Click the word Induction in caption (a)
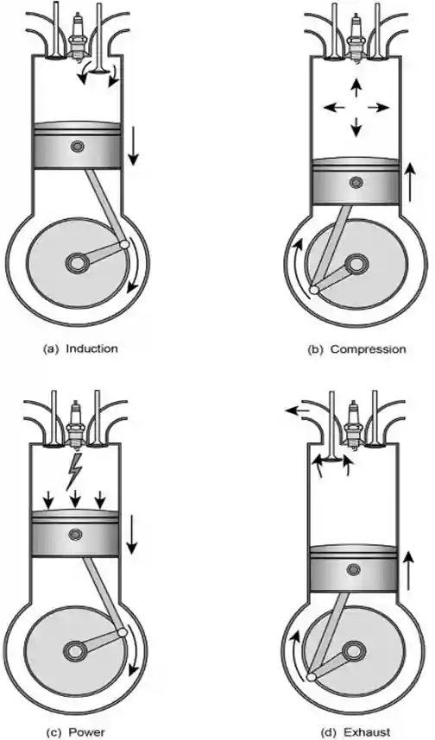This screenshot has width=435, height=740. pyautogui.click(x=91, y=348)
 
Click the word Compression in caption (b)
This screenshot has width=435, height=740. pyautogui.click(x=368, y=349)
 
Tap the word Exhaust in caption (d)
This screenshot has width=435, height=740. pyautogui.click(x=367, y=732)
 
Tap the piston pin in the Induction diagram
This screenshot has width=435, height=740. pyautogui.click(x=77, y=147)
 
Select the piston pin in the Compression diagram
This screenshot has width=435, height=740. pyautogui.click(x=356, y=182)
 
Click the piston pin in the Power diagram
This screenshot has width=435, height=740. pyautogui.click(x=74, y=534)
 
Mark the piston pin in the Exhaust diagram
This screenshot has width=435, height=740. pyautogui.click(x=353, y=569)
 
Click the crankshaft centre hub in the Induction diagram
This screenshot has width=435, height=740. pyautogui.click(x=77, y=262)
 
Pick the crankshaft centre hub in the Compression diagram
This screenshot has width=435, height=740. pyautogui.click(x=356, y=264)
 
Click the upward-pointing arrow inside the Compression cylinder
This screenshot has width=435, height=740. pyautogui.click(x=356, y=88)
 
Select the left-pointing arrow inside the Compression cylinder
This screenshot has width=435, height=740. pyautogui.click(x=333, y=108)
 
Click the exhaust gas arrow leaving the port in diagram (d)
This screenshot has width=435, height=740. pyautogui.click(x=297, y=411)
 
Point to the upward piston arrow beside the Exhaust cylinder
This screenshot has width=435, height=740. pyautogui.click(x=409, y=571)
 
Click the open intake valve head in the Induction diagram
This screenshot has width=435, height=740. pyautogui.click(x=98, y=72)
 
